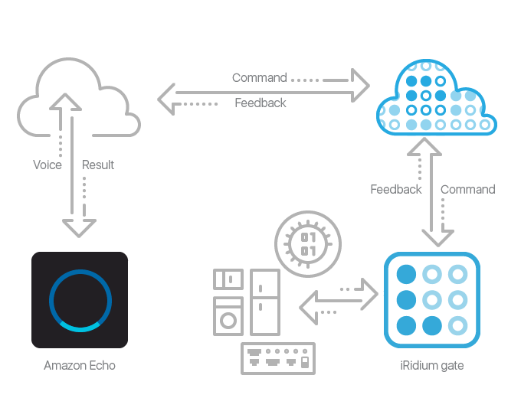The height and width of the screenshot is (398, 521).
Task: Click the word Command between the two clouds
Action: coord(259,77)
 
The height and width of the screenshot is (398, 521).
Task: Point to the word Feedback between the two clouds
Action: coord(260,103)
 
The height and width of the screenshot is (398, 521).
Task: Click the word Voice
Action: coord(48,165)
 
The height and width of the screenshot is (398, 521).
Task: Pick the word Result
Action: coord(98,165)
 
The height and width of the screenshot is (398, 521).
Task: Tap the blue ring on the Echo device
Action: coord(80,299)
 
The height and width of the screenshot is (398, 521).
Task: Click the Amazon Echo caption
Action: coord(80,366)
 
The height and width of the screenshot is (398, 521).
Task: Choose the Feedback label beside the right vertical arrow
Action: coord(396,189)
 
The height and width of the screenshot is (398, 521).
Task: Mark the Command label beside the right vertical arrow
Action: coord(467,189)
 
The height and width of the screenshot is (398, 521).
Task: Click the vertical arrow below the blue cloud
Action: coord(434,191)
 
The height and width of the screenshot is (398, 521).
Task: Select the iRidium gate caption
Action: coord(431,366)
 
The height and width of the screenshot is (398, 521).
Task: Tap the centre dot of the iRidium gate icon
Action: coord(431,299)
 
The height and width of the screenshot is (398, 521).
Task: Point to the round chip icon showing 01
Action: coord(308,243)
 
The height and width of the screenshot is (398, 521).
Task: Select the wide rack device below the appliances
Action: coord(277,358)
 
